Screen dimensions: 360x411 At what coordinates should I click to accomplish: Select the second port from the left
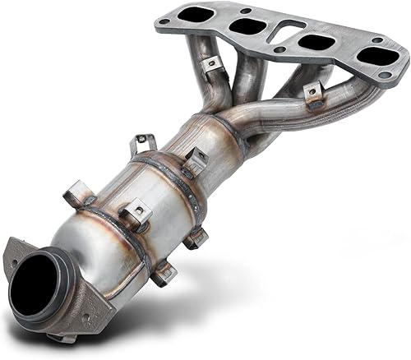click(246, 26)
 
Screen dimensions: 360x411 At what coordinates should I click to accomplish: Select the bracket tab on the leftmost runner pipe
click(214, 63)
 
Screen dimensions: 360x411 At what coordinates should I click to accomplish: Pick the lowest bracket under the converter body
click(163, 272)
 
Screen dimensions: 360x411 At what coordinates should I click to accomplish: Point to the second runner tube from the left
click(243, 78)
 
